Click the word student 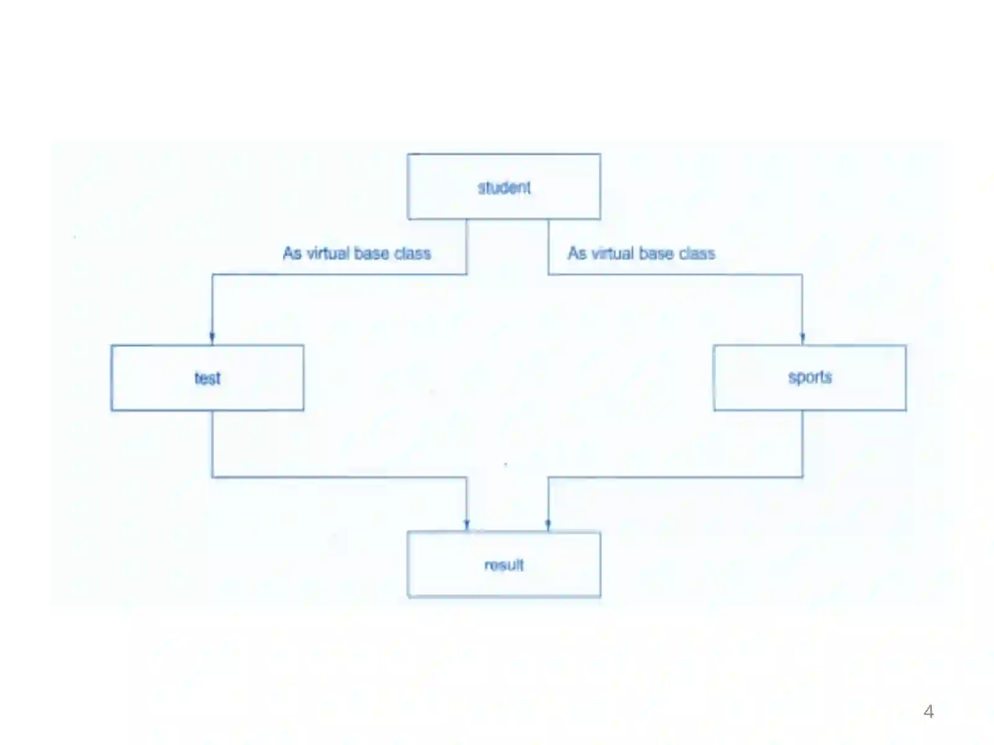click(x=504, y=187)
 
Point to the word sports click(x=810, y=377)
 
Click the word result click(x=504, y=565)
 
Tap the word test click(x=207, y=378)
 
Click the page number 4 click(x=928, y=711)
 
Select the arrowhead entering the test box click(x=212, y=338)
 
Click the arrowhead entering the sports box click(x=803, y=338)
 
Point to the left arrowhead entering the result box click(x=467, y=525)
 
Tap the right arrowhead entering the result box click(x=548, y=525)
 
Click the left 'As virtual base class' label click(x=357, y=253)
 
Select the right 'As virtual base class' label click(x=642, y=253)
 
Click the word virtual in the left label click(x=328, y=253)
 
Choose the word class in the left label click(x=413, y=253)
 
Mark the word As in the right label click(x=577, y=253)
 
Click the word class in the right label click(x=698, y=253)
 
